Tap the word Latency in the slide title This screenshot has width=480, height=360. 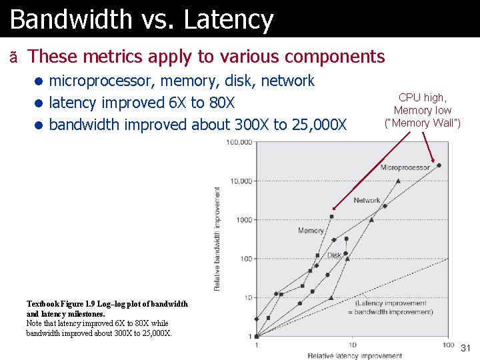point(228,20)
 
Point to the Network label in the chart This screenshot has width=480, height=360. point(367,200)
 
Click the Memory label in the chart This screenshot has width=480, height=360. point(311,231)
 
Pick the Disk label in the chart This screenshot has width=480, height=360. point(334,255)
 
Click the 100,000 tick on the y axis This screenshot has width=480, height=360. point(239,142)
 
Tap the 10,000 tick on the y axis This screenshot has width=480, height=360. point(241,181)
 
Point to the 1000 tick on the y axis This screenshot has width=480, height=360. point(243,219)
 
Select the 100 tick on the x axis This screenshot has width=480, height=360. point(447,345)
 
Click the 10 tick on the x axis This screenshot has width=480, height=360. point(353,345)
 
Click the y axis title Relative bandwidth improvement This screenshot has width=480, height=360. point(217,238)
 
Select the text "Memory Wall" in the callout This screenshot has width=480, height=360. point(423,123)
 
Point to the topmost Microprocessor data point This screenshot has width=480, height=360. point(438,165)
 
